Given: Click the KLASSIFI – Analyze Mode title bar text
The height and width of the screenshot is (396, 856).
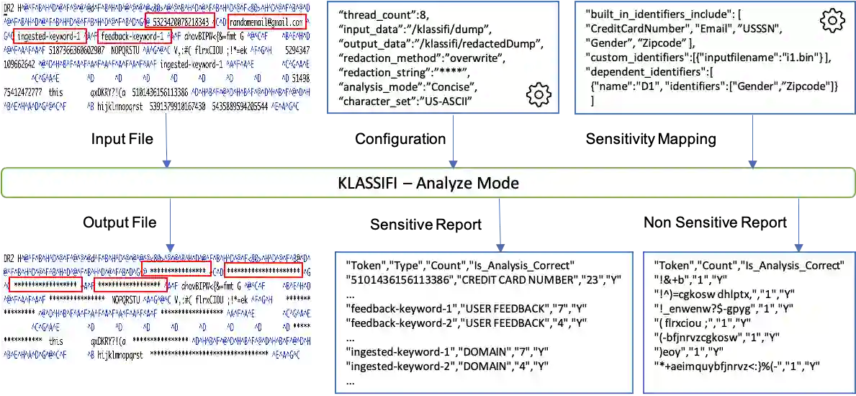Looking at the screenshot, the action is [428, 183].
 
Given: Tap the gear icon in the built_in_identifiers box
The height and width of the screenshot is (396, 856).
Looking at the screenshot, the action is [831, 22].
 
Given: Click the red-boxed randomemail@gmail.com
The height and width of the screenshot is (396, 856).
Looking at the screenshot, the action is [266, 22].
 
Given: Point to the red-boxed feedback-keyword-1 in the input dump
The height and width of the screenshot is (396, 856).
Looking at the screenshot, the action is [130, 35].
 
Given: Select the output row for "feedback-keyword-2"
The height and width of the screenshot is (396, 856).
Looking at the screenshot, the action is [467, 322].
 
